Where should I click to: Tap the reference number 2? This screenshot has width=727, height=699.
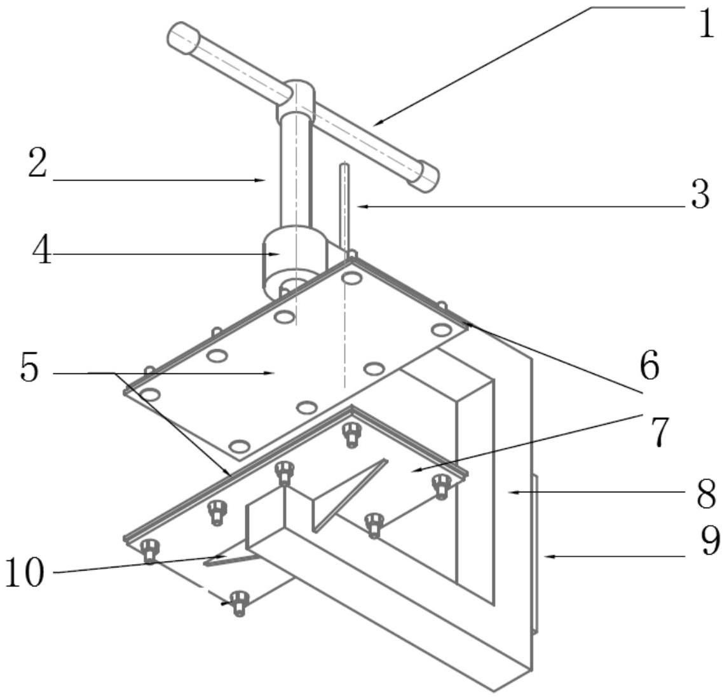click(x=37, y=164)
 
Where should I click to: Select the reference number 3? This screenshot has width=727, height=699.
click(x=700, y=195)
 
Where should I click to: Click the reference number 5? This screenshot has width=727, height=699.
click(x=29, y=368)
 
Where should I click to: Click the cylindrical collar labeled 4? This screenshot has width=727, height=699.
click(x=289, y=258)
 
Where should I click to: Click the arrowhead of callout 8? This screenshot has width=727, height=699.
click(x=510, y=492)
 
